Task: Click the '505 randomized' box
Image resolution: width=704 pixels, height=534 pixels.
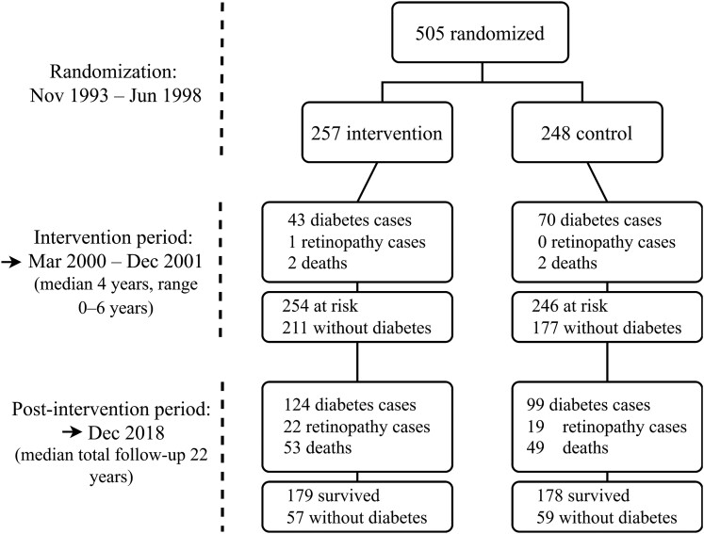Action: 480,32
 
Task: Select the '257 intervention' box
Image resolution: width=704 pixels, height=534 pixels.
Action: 377,133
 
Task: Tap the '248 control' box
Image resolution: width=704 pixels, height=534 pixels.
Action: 587,133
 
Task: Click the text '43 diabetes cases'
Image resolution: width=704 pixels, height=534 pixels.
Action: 350,219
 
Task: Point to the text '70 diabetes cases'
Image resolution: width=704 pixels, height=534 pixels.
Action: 599,219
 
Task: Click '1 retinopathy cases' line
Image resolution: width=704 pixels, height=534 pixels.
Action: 356,242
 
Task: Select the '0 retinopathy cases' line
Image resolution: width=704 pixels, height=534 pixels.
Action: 607,242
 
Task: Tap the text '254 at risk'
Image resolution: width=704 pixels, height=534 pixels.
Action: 320,305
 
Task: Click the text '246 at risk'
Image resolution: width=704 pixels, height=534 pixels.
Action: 570,305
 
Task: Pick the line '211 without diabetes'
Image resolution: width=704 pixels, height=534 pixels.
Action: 356,328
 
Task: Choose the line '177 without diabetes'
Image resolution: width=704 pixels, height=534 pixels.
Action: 607,328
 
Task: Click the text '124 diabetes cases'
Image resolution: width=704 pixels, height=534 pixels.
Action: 350,405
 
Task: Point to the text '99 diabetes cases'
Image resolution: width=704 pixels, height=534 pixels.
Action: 588,405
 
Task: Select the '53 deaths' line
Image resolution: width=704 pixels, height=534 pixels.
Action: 318,447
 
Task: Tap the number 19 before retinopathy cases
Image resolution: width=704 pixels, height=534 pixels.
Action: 535,427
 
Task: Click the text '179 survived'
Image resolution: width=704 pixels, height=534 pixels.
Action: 333,495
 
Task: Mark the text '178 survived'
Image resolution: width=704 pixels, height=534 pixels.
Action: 583,495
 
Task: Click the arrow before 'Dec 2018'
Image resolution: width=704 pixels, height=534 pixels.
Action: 72,432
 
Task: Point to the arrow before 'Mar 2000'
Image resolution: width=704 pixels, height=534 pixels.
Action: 12,262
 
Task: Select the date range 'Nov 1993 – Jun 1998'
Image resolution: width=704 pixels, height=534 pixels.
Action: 115,95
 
